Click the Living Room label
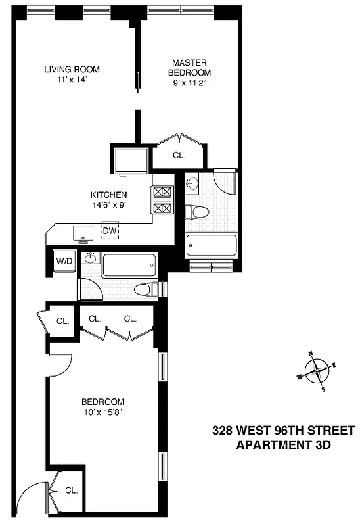[72, 70]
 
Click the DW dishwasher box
[110, 231]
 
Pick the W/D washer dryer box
[64, 261]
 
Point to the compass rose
[317, 371]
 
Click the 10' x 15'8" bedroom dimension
[102, 413]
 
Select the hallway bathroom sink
[91, 258]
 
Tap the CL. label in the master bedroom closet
[179, 156]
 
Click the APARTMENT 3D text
[283, 444]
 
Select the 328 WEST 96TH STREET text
[283, 431]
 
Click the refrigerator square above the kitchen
[131, 160]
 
